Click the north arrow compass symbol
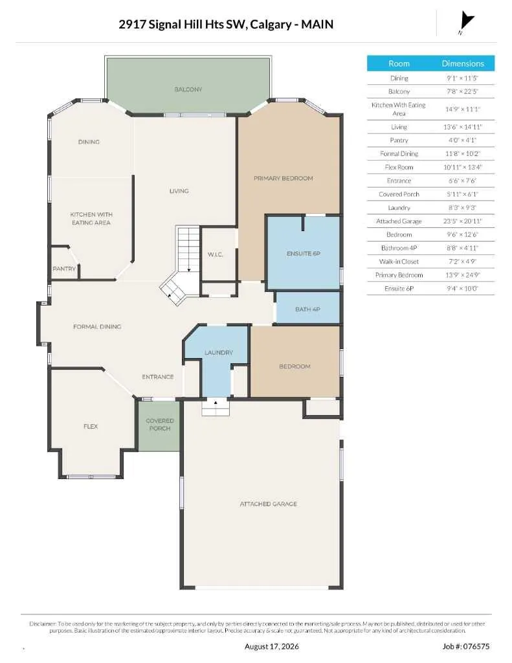466,21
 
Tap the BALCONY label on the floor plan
188,89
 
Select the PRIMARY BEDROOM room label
284,179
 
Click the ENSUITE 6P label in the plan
303,254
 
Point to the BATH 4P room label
307,309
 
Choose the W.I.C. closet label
215,254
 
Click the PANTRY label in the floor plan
64,269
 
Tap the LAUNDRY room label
219,353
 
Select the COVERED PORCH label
160,425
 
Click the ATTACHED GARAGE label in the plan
269,504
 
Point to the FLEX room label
91,427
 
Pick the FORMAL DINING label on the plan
97,327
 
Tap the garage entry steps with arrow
216,407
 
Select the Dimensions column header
463,63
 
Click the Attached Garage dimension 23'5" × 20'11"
463,221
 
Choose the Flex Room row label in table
399,168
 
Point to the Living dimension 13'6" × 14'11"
463,127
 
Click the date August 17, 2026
272,647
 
